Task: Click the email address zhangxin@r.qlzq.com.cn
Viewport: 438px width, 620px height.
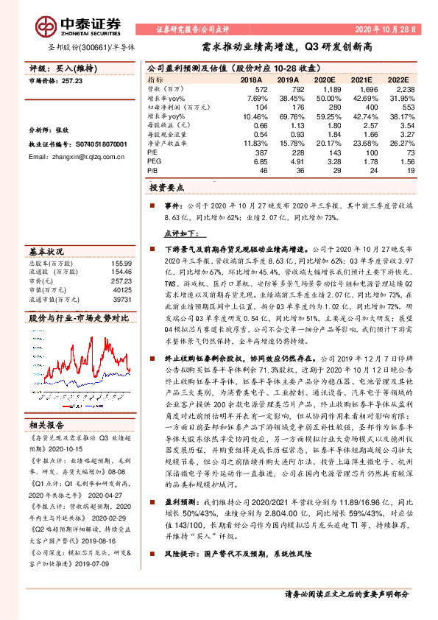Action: click(74, 157)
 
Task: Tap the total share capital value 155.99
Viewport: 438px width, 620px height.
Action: click(121, 263)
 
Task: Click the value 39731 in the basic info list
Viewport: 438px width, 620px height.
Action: click(121, 300)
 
